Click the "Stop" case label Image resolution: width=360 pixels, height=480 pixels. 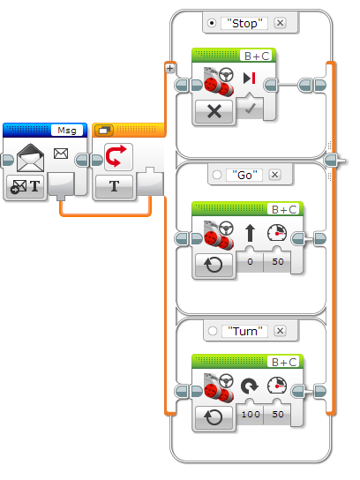pos(244,23)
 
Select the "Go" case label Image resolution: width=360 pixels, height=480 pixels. pos(244,175)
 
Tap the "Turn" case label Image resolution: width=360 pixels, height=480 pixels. pos(245,331)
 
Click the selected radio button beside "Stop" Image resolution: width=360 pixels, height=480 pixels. pos(212,23)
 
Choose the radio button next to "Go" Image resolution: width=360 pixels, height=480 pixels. pos(217,175)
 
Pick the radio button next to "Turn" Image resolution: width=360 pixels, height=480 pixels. pos(213,331)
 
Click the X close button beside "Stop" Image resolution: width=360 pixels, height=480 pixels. pos(280,23)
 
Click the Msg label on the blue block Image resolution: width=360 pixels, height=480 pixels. pos(67,131)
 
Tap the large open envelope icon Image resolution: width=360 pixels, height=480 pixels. pos(30,158)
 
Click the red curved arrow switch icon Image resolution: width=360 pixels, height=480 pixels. pos(116,156)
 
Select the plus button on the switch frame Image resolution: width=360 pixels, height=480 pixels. pos(170,68)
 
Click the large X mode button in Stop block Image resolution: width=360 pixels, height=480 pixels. pos(214,111)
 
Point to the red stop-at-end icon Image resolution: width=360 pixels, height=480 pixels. pos(250,78)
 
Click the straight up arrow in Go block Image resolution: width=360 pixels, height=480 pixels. pos(250,233)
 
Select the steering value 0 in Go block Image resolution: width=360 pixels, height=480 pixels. pos(250,261)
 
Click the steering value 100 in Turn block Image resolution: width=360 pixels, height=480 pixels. pos(251,414)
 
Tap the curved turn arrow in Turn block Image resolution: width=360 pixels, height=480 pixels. pos(250,386)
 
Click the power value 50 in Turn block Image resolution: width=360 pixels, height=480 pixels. pos(278,414)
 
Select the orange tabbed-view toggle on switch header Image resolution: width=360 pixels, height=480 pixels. pos(104,131)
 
